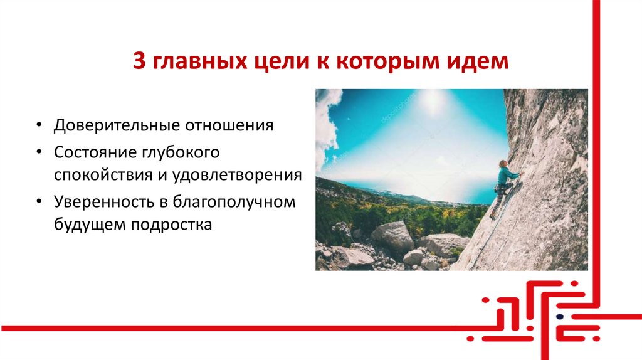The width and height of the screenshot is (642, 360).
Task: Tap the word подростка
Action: click(x=172, y=223)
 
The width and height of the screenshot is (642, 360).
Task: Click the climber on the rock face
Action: click(x=503, y=185)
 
